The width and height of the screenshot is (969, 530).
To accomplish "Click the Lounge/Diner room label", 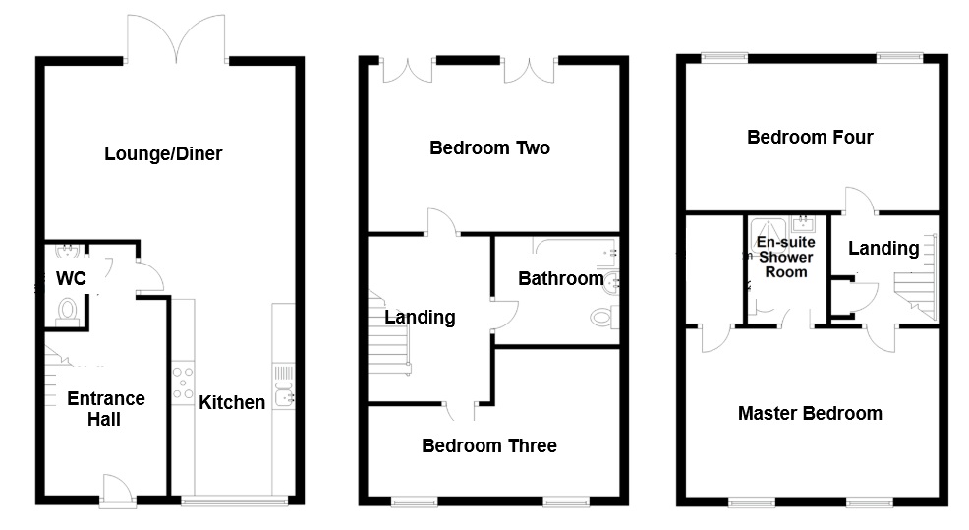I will pyautogui.click(x=163, y=154).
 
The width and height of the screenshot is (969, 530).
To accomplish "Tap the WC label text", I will pyautogui.click(x=71, y=279).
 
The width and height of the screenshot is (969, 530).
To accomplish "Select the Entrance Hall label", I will pyautogui.click(x=105, y=409).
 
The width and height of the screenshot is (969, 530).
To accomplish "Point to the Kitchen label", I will pyautogui.click(x=232, y=402).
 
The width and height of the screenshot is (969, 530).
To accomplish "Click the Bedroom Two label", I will pyautogui.click(x=489, y=148).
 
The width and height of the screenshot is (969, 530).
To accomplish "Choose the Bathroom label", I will pyautogui.click(x=560, y=279).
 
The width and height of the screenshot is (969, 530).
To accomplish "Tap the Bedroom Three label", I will pyautogui.click(x=488, y=446).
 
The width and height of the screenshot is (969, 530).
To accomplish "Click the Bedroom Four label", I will pyautogui.click(x=810, y=137).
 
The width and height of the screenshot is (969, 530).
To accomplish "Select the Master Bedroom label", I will pyautogui.click(x=810, y=413).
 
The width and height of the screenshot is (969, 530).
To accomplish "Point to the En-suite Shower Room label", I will pyautogui.click(x=785, y=257).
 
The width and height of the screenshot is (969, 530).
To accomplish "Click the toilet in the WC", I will pyautogui.click(x=68, y=311).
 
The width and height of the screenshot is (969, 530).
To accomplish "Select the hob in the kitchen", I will pyautogui.click(x=183, y=383).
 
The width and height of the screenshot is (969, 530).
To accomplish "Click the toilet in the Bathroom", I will pyautogui.click(x=603, y=318).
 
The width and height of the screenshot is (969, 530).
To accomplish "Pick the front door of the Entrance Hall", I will pyautogui.click(x=117, y=489).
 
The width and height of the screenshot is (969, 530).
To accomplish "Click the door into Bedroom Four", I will pyautogui.click(x=858, y=199).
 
